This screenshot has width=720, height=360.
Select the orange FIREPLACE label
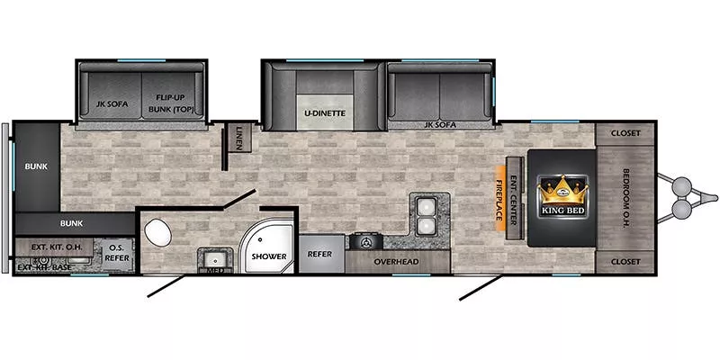coord(499,197)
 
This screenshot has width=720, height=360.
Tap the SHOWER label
coord(268,256)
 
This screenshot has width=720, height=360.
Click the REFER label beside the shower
coord(320,255)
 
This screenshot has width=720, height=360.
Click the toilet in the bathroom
coord(159,231)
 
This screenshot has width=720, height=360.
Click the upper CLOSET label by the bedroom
coord(625,133)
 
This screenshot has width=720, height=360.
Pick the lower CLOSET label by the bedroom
coord(625,261)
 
